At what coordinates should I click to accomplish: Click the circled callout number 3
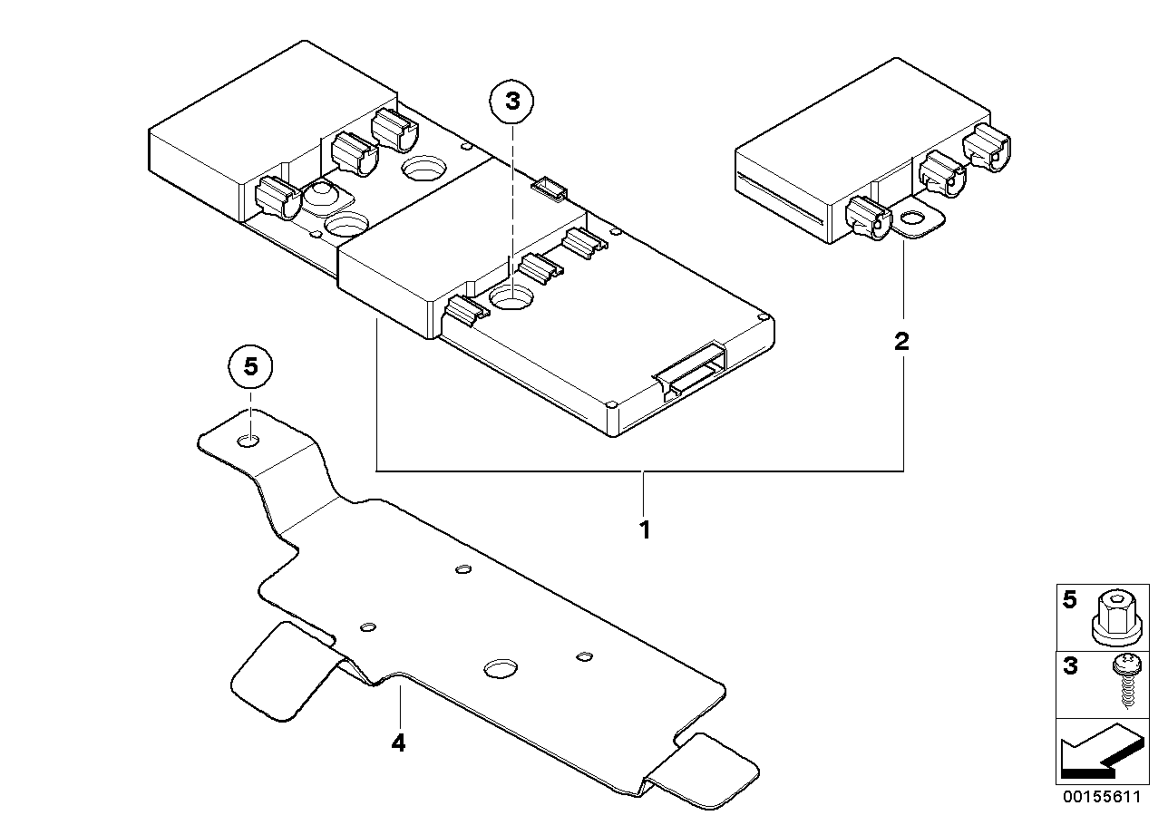(511, 102)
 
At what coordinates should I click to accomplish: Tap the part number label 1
(645, 529)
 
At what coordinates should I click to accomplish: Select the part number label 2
(901, 342)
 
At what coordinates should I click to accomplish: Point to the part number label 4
(398, 742)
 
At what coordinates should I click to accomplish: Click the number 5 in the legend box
(1070, 600)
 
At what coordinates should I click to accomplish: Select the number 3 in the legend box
(1070, 666)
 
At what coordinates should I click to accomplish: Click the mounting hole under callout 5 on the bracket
(248, 441)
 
